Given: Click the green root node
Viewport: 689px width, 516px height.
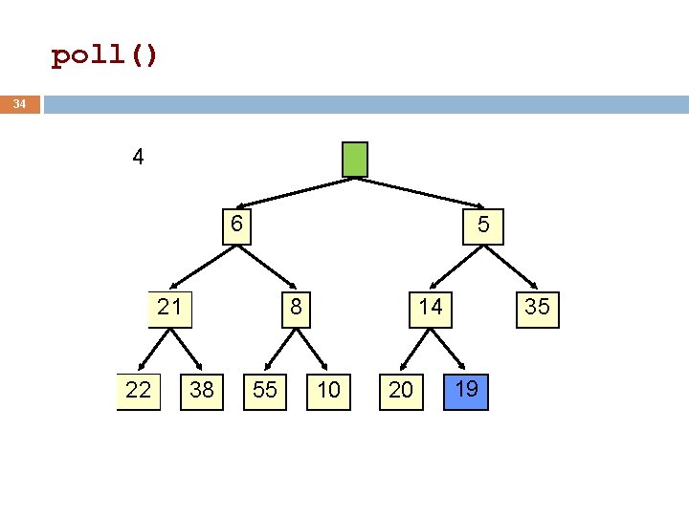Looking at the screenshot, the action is [x=355, y=160].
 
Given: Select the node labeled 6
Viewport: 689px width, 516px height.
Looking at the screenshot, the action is [x=237, y=226].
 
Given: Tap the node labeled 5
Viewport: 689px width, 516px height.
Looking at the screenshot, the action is [x=483, y=226].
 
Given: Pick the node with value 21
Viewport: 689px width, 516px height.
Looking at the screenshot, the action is [x=170, y=310].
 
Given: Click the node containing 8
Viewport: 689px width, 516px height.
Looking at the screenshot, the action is [x=296, y=310].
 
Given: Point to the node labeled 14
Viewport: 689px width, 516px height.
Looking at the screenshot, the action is [x=431, y=310].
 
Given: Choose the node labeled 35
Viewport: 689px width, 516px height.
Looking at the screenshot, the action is [x=538, y=310].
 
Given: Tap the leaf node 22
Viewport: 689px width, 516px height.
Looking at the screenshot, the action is [x=139, y=392].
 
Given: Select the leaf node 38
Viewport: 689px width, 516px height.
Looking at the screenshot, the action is [x=202, y=392].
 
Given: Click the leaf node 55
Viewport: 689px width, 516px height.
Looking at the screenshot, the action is [x=265, y=392].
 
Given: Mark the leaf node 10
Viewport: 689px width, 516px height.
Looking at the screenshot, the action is [x=328, y=392].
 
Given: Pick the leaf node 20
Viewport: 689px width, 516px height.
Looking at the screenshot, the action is [x=401, y=392].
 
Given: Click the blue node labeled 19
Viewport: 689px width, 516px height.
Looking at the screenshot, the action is [x=466, y=392].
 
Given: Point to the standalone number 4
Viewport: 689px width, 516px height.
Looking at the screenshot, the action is [x=138, y=157].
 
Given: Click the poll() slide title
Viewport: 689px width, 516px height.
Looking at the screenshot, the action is [x=104, y=55].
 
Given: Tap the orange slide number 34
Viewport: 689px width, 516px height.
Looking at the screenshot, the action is [x=19, y=104].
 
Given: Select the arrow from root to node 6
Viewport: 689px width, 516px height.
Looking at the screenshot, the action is [x=296, y=193].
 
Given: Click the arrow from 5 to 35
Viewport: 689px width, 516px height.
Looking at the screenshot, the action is [x=511, y=268].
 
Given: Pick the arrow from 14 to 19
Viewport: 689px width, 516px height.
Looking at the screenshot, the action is [x=448, y=349].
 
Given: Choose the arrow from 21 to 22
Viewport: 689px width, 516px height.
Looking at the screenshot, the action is [x=154, y=350].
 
